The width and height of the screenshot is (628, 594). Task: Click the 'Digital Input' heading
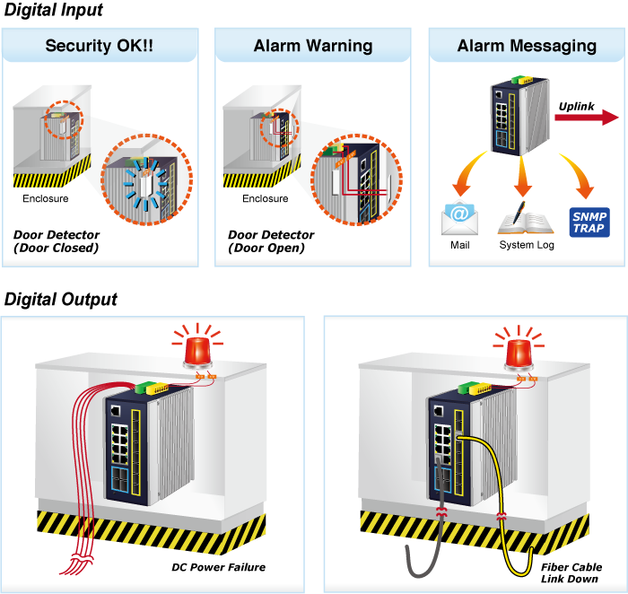[x=53, y=11]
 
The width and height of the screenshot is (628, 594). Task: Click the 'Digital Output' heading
[x=61, y=299]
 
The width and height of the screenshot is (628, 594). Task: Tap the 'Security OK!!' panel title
[x=99, y=45]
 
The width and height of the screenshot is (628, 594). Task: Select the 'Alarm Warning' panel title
[x=313, y=45]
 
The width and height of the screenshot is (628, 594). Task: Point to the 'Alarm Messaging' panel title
[x=527, y=45]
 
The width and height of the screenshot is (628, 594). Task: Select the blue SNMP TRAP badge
[x=589, y=222]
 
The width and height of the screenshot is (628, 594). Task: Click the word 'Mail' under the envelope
[x=460, y=246]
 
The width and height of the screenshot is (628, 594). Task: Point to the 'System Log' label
[x=527, y=246]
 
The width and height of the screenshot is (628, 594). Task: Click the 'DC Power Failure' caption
[x=218, y=567]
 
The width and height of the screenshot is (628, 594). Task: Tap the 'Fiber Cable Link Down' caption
[x=571, y=572]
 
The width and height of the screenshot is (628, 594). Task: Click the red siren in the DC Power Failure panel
[x=196, y=348]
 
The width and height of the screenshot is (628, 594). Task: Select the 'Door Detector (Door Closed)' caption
[x=56, y=241]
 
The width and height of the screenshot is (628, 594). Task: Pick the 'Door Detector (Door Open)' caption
[x=270, y=241]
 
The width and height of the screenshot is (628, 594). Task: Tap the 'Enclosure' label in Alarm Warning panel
[x=266, y=198]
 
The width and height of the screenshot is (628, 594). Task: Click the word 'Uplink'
[x=576, y=106]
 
